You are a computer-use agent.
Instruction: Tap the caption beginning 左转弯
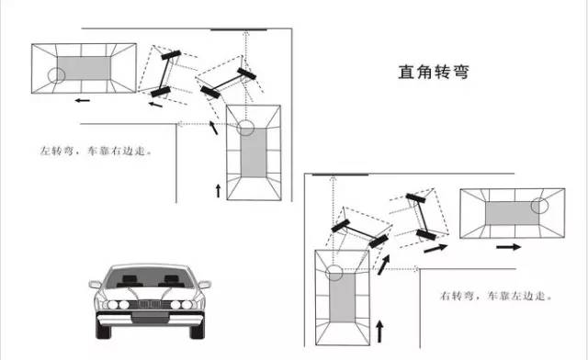click(94, 147)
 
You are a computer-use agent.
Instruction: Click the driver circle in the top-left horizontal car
click(57, 75)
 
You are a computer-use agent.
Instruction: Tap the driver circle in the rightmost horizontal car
click(543, 208)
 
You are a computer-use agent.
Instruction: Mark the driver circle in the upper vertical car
click(246, 128)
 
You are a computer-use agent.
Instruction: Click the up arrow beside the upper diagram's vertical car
click(218, 190)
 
